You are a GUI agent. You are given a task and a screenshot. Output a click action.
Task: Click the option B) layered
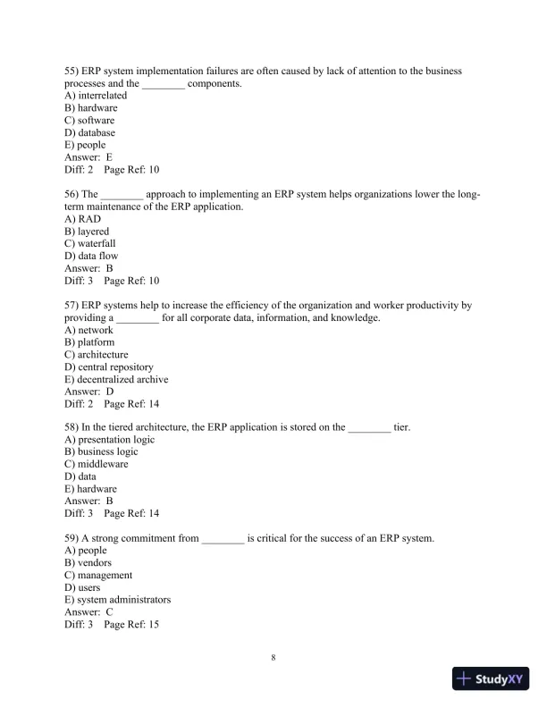tap(87, 232)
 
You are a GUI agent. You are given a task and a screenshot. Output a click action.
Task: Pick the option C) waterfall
tap(90, 243)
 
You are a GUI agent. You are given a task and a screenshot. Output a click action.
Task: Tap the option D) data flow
tap(91, 256)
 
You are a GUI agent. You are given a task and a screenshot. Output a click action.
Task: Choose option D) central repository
tap(109, 367)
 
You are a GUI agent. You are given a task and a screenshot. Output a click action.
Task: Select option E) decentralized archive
tap(116, 379)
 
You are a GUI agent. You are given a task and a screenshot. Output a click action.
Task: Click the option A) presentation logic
tap(110, 440)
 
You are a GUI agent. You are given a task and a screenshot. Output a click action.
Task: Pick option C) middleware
tap(97, 465)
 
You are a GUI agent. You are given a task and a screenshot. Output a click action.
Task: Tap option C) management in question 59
tap(98, 576)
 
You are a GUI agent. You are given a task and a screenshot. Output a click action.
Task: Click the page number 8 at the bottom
tap(273, 658)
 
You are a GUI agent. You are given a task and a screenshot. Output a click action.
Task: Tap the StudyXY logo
tap(492, 678)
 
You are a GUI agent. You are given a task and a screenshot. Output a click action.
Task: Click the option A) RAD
tap(83, 219)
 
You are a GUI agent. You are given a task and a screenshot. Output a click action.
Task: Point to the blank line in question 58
tap(369, 428)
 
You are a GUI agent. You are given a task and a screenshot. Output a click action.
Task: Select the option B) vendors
tap(88, 563)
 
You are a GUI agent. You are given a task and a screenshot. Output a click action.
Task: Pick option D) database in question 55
tap(90, 132)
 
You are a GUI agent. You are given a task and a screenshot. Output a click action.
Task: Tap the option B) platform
tap(89, 342)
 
